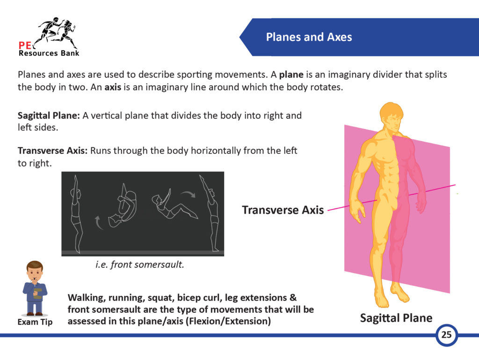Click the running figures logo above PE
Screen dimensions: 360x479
57,32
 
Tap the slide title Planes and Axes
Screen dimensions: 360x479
309,37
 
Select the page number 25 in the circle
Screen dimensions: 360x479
446,334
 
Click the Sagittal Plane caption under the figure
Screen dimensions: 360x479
396,318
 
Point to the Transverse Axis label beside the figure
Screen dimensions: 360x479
283,210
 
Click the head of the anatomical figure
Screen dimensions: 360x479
391,117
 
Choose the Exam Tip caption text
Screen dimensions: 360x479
35,322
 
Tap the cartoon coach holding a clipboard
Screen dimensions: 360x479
35,288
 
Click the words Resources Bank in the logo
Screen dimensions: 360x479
49,53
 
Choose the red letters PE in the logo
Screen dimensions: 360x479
25,45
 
